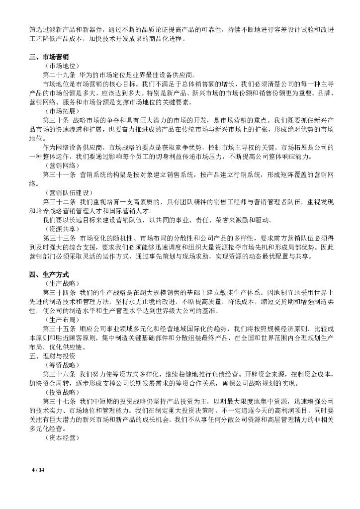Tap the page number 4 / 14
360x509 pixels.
point(38,470)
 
